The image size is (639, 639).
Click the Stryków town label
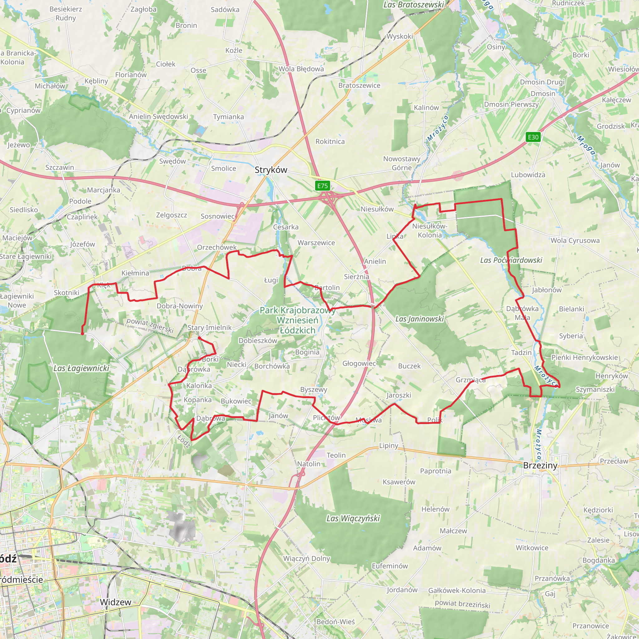tap(271, 170)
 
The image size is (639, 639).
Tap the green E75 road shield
tap(323, 186)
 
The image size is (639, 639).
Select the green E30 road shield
tap(533, 137)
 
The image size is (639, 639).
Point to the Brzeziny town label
tap(540, 466)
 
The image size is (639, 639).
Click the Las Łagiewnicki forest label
tap(81, 368)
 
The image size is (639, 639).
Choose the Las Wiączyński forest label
tap(353, 518)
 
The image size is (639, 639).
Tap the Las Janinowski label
tap(419, 319)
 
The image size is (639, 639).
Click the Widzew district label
tap(115, 602)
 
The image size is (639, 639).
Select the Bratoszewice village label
tap(359, 85)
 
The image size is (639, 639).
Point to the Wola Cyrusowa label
tap(575, 241)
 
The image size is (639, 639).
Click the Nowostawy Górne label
tap(402, 163)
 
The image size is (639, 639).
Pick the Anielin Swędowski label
tap(159, 116)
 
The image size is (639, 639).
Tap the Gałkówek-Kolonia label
tap(457, 590)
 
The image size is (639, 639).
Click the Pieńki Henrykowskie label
tap(584, 357)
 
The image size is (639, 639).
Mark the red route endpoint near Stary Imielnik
tap(199, 338)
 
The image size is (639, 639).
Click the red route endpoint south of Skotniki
tap(82, 334)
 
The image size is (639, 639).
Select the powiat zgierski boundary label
tap(150, 325)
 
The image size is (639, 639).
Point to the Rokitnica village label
tap(330, 142)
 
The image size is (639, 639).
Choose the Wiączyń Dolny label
tap(307, 558)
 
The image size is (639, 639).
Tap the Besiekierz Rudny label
tap(66, 13)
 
